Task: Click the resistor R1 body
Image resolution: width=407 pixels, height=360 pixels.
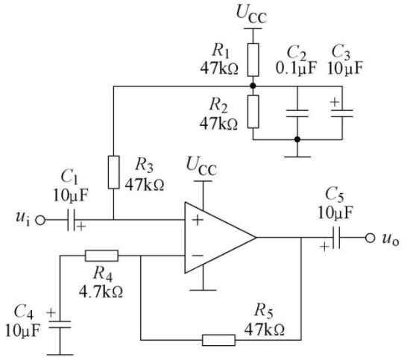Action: coord(253,60)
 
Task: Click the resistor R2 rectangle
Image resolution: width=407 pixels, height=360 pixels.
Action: coord(253,112)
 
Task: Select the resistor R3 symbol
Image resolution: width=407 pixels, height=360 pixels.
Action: coord(114,172)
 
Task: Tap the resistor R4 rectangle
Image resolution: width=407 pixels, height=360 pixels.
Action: coord(101,256)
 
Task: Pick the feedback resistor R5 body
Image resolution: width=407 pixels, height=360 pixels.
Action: coord(218,340)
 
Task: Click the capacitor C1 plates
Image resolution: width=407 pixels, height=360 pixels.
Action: coord(71,220)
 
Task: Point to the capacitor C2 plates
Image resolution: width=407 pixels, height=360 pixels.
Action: coord(297,113)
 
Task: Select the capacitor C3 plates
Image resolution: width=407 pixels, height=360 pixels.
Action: coord(342,113)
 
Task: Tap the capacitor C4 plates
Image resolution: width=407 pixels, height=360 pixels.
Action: coord(60,324)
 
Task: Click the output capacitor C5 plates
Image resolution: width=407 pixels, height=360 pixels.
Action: coord(336,238)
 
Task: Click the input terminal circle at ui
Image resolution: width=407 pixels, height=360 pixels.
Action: coord(40,221)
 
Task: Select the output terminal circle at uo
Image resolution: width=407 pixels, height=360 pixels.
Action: coord(370,238)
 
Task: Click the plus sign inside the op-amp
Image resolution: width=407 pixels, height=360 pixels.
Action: coord(198,220)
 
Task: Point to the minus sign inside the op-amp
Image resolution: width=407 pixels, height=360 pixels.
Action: coord(198,256)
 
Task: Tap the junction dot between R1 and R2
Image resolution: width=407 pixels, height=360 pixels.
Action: coord(253,86)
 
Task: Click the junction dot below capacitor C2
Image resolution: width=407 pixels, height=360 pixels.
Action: coord(297,139)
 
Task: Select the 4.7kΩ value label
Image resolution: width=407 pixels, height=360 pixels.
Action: coord(101,292)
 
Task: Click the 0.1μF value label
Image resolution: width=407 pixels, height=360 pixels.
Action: coord(296,69)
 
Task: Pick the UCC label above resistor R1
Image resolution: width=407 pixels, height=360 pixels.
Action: coord(251,15)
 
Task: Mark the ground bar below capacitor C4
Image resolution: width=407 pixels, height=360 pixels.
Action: coord(60,355)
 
